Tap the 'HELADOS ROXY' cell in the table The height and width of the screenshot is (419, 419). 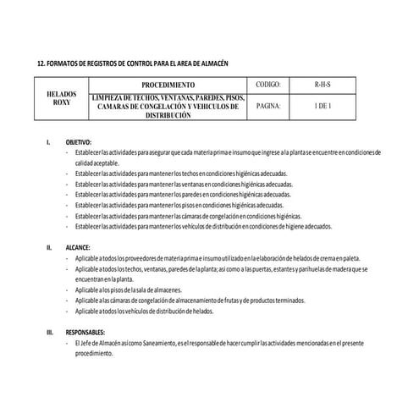click(x=62, y=98)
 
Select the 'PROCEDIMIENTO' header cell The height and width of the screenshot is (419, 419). click(x=168, y=85)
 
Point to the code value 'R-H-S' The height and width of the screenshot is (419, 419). click(x=323, y=85)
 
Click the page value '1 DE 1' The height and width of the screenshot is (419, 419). click(x=323, y=108)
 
